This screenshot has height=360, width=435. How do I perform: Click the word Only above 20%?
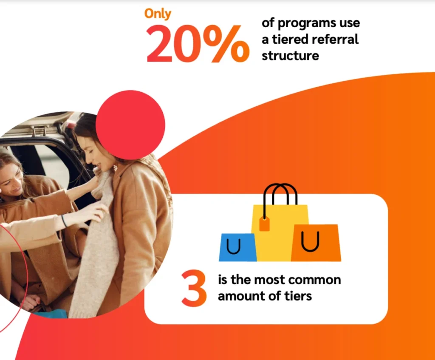point(158,14)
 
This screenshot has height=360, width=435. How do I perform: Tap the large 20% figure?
point(198,44)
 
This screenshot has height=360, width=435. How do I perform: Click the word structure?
point(290,55)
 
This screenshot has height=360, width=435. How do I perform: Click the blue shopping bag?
point(237,247)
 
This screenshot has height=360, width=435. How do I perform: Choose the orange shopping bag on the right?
point(316,243)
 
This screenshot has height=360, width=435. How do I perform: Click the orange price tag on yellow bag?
point(264,224)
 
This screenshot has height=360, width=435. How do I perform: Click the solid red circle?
point(130,125)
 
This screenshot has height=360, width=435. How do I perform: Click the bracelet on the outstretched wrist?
point(64,221)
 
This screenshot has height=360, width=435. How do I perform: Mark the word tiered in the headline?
point(289,39)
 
